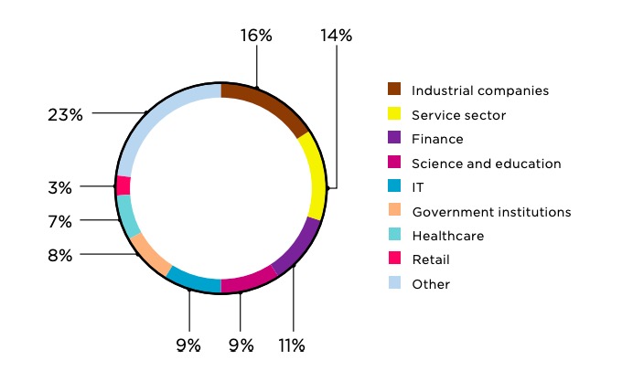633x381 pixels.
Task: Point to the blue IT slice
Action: pos(194,280)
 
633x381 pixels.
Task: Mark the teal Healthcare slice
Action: pos(127,216)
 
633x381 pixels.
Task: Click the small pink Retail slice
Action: pos(123,185)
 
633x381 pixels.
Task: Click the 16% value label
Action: pos(256,36)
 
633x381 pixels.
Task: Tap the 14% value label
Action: pos(336,36)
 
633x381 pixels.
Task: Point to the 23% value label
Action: pos(66,114)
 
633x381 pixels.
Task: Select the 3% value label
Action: pos(60,187)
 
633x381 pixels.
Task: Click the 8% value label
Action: pos(60,256)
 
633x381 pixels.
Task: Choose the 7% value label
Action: pos(60,221)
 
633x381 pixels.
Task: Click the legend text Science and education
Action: pos(486,164)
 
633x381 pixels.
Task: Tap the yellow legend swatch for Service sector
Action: pos(394,113)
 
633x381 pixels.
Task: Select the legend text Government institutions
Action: pos(491,212)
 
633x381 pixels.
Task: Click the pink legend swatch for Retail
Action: pos(394,259)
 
